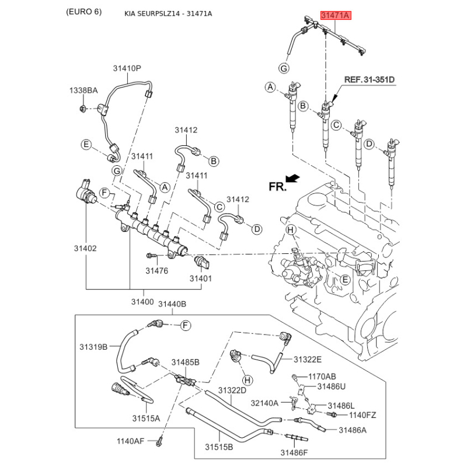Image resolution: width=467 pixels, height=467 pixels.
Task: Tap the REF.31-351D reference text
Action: coord(368,79)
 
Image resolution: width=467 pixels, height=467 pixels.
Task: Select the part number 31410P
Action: coord(127,68)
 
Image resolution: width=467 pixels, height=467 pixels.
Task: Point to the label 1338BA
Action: coord(83,90)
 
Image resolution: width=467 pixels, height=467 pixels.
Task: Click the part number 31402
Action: coord(85,248)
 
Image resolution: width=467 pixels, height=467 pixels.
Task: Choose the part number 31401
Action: coord(200,278)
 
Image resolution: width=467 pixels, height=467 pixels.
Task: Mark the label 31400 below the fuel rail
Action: coord(142,301)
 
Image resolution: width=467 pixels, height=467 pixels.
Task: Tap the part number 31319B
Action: coord(93,347)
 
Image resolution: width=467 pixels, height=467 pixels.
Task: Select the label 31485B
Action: coord(185,363)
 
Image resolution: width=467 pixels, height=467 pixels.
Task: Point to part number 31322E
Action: coord(308,359)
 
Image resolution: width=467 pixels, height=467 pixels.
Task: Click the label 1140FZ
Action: coord(363,415)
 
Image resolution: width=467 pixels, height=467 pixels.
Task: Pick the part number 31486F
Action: coord(294,452)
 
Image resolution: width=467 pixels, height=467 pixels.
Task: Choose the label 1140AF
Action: coord(130,441)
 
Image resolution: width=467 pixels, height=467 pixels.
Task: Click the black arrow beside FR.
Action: coord(293,177)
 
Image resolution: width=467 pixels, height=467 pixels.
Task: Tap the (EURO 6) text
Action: coord(83,12)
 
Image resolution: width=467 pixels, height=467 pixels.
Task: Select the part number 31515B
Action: coord(219,447)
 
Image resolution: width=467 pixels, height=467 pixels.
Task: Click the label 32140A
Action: coord(265,403)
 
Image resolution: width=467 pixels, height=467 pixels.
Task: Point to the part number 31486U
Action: coord(332,386)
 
